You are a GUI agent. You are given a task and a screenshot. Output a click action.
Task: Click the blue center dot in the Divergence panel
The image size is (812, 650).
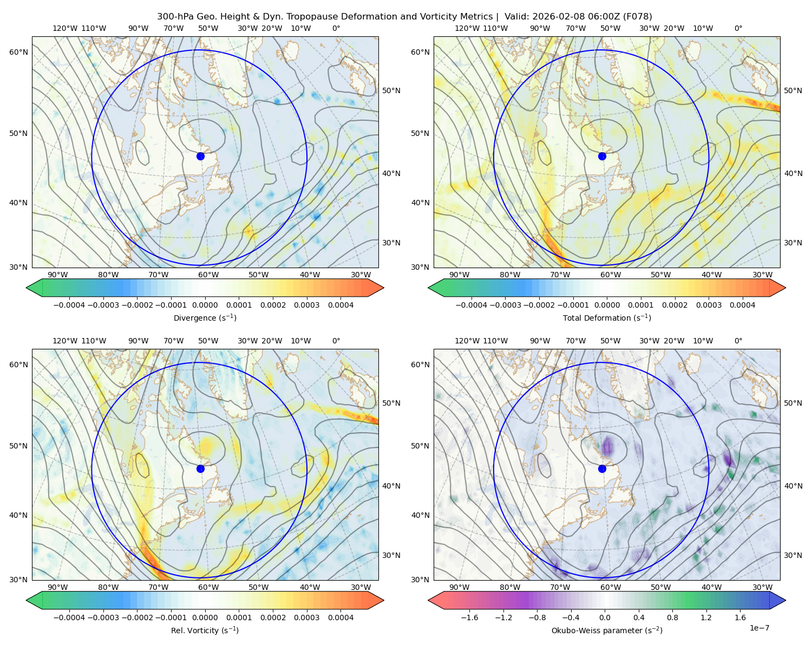pyautogui.click(x=200, y=156)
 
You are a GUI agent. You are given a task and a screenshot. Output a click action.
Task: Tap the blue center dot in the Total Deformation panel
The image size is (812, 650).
pyautogui.click(x=602, y=156)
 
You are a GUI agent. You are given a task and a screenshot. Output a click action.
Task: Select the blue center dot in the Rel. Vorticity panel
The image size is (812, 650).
pyautogui.click(x=200, y=469)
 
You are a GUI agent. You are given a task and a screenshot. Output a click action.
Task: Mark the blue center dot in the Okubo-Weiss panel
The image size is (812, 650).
pyautogui.click(x=602, y=469)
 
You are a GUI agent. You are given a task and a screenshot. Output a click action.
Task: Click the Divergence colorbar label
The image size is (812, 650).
pyautogui.click(x=205, y=318)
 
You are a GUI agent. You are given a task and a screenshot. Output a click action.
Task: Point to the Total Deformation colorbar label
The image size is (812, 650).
pyautogui.click(x=607, y=318)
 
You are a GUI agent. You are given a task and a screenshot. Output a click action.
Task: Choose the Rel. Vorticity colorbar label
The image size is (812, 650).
pyautogui.click(x=205, y=630)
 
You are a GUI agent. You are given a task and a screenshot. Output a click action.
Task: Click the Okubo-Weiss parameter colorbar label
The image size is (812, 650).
pyautogui.click(x=607, y=630)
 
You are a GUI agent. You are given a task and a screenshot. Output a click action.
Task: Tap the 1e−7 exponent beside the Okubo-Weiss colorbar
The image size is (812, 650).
pyautogui.click(x=759, y=628)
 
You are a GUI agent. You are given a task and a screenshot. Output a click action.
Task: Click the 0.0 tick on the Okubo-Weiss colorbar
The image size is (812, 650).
pyautogui.click(x=605, y=617)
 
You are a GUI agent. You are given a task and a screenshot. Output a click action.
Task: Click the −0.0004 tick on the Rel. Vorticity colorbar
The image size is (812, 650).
pyautogui.click(x=68, y=617)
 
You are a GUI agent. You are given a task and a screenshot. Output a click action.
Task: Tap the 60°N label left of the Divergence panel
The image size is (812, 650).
pyautogui.click(x=18, y=52)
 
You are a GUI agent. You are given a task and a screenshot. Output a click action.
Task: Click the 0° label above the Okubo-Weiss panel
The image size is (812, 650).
pyautogui.click(x=738, y=341)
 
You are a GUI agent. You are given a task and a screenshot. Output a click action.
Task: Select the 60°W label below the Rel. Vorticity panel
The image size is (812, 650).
pyautogui.click(x=208, y=587)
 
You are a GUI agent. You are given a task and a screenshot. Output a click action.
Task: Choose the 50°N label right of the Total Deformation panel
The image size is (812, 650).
pyautogui.click(x=793, y=90)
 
